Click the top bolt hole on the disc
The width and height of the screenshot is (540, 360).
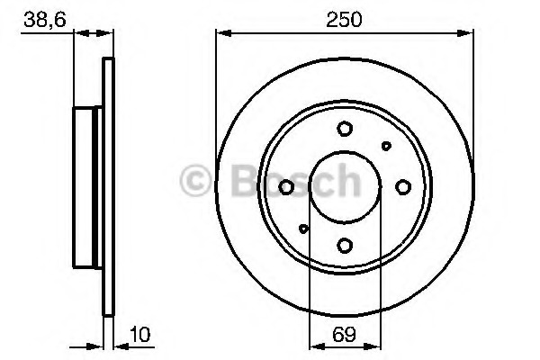point(345,129)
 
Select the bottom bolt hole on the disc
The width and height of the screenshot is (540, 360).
point(345,244)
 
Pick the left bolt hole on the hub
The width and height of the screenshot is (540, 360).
point(287,186)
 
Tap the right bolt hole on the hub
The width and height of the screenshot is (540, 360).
point(402,186)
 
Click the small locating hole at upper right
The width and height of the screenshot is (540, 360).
point(387,145)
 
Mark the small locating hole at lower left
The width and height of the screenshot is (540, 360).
point(303,228)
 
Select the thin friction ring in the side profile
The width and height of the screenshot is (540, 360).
point(109,186)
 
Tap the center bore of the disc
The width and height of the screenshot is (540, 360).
point(345,186)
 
